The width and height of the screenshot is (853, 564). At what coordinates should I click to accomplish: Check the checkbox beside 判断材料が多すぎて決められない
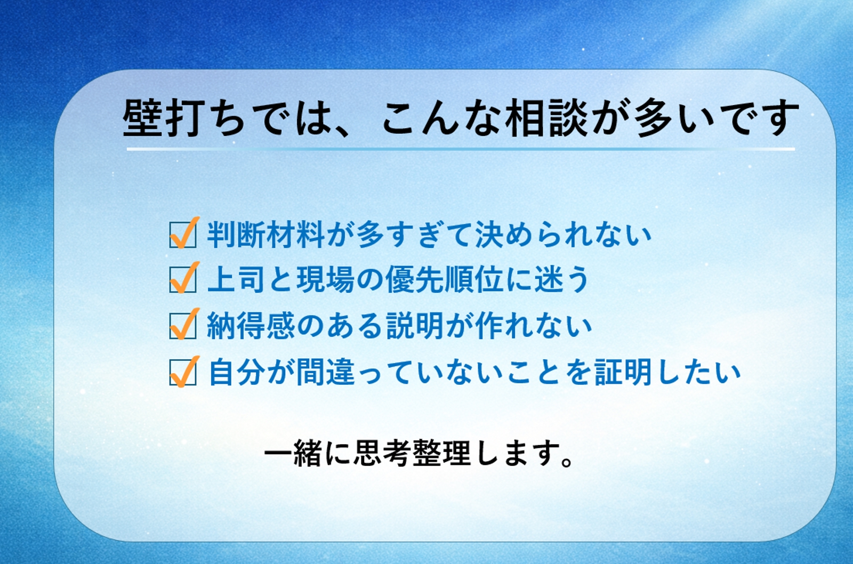(x=183, y=234)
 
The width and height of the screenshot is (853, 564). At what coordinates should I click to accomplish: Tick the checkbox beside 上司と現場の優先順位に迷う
(x=183, y=279)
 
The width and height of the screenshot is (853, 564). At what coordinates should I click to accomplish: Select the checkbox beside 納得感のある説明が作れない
(x=183, y=325)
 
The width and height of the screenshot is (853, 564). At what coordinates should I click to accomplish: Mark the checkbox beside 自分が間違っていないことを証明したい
(x=183, y=372)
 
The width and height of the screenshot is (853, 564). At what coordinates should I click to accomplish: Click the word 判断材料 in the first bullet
(x=266, y=234)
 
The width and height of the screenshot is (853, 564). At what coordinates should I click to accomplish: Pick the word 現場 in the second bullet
(x=325, y=279)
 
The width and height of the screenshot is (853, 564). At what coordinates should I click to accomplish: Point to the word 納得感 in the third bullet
(x=251, y=325)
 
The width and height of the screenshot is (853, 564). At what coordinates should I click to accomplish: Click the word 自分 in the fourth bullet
(x=237, y=372)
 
